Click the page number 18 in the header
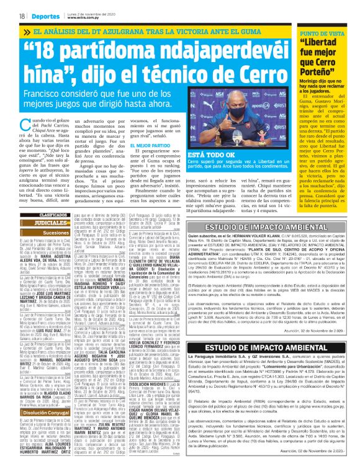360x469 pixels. [22, 16]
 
